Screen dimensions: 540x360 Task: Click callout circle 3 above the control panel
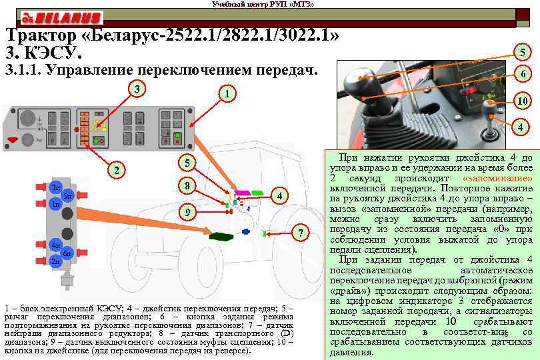[137, 89]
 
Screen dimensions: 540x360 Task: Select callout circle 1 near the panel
[227, 95]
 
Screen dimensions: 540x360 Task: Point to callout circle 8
[189, 185]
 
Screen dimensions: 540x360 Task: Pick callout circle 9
[189, 212]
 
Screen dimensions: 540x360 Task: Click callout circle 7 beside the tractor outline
[301, 233]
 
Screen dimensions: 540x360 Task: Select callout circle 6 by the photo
[525, 75]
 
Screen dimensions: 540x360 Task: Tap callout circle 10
[525, 101]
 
